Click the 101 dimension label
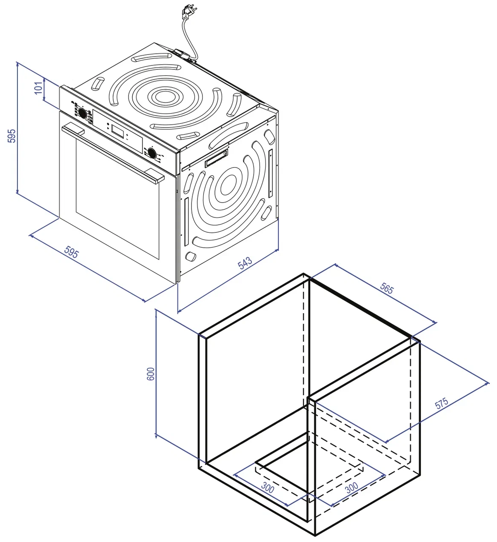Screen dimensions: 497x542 tap(39, 88)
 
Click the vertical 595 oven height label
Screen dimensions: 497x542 tap(11, 136)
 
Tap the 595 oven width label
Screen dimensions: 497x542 tap(71, 252)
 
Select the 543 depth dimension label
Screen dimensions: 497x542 tap(245, 262)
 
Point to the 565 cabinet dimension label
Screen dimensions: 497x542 tap(387, 288)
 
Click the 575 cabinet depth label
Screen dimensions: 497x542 tap(441, 403)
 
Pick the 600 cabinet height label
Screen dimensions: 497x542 tap(151, 374)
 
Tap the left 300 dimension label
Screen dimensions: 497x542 tap(268, 487)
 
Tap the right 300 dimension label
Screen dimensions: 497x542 tap(351, 488)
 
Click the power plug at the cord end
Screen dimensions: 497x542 tap(189, 12)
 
